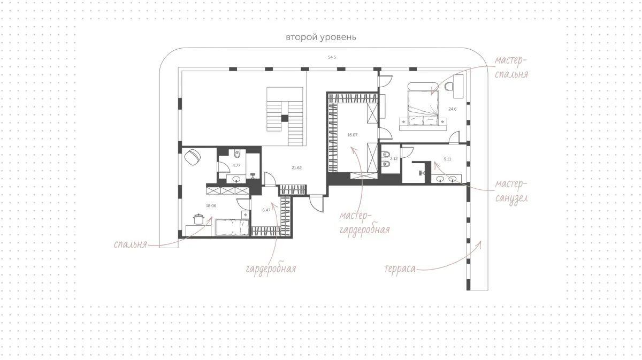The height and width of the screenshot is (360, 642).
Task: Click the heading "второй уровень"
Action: [321, 37]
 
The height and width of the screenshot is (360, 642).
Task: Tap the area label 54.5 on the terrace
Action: [332, 57]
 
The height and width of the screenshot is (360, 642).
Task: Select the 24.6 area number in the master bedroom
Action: [452, 109]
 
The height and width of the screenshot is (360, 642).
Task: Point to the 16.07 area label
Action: [352, 135]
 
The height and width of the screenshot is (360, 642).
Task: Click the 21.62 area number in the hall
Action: [296, 167]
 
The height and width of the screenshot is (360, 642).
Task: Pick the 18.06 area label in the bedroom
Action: [211, 205]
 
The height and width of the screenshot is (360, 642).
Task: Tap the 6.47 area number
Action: [266, 210]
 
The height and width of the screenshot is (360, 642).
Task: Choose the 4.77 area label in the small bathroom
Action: [236, 165]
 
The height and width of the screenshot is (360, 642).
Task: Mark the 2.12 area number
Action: [394, 158]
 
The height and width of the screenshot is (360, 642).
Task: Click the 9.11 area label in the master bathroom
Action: [447, 159]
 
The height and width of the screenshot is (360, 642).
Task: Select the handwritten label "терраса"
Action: [400, 269]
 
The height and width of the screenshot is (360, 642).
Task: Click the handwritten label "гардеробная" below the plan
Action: [271, 270]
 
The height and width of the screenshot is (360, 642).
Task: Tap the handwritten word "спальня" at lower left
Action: [131, 244]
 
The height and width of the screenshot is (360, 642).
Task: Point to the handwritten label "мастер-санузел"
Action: [511, 192]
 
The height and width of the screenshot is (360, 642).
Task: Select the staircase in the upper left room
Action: [285, 117]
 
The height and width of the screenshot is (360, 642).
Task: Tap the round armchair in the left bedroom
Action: [192, 157]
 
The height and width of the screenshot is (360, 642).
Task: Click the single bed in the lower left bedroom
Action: [232, 227]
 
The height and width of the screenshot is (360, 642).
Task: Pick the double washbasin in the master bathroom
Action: [446, 179]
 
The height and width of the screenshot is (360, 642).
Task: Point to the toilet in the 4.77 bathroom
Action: [237, 154]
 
